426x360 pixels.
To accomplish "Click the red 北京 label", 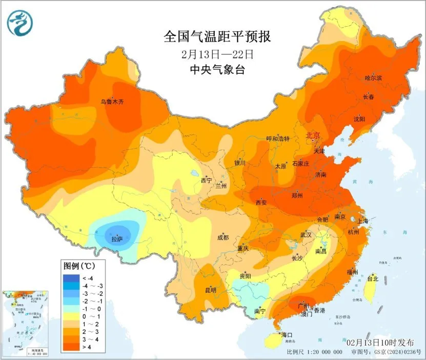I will (313, 136).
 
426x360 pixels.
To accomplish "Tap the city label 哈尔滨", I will (374, 78).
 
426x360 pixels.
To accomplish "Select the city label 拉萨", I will (117, 239).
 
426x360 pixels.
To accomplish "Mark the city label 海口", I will (286, 335).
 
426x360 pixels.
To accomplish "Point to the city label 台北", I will (373, 279).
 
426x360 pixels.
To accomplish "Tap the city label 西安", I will (261, 203).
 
